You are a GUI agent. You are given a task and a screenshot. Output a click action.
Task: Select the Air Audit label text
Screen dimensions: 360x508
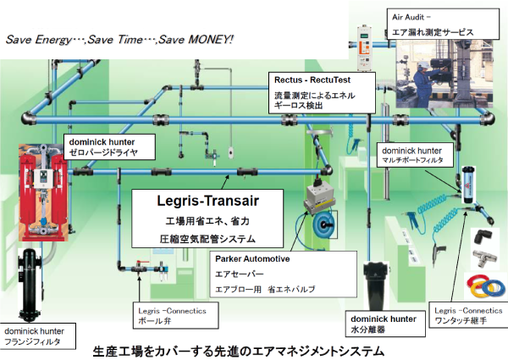411,16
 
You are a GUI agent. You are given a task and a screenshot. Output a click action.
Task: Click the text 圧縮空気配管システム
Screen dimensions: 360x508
196,238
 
